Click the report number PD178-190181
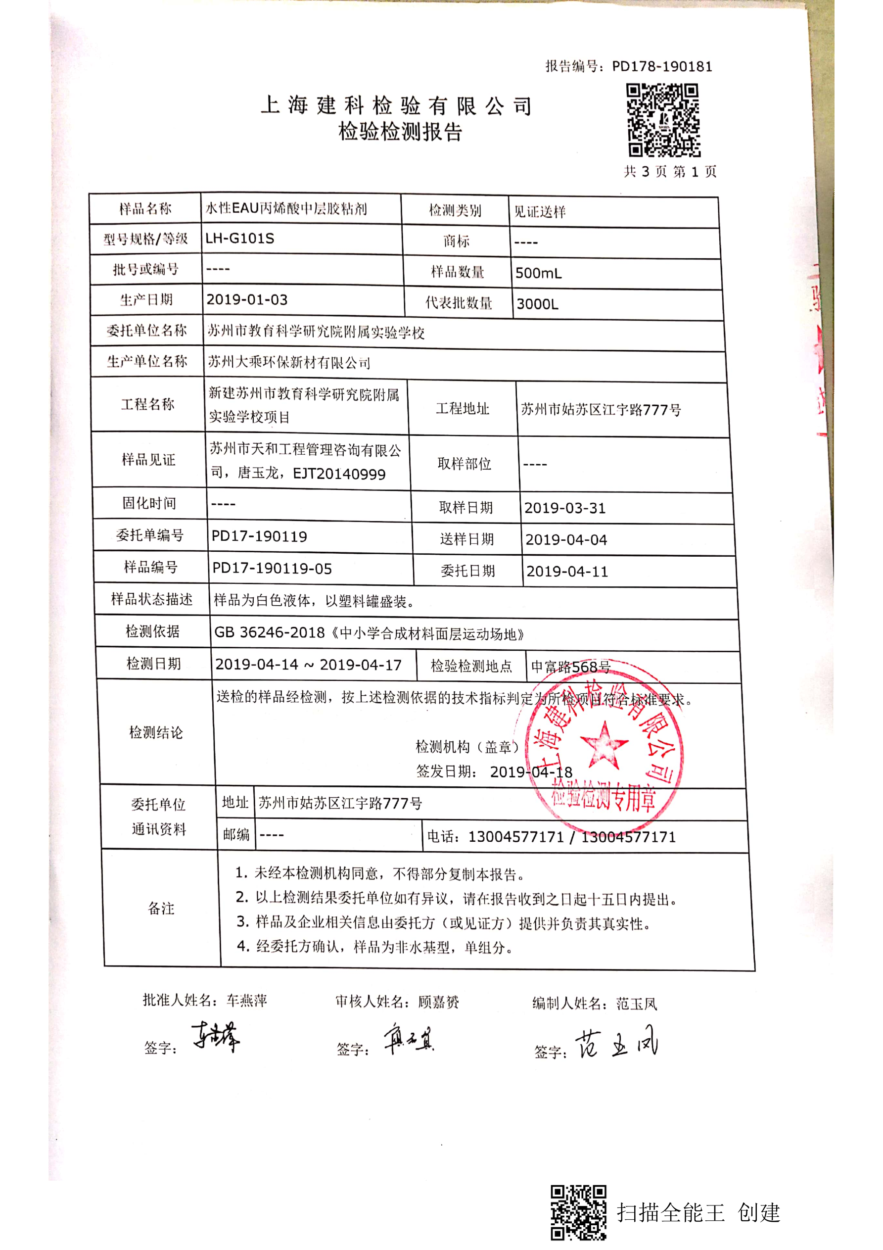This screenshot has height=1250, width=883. click(x=661, y=67)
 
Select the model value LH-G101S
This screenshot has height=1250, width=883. click(x=239, y=239)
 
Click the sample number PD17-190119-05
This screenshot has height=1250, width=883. click(x=272, y=569)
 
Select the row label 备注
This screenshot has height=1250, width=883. click(x=161, y=908)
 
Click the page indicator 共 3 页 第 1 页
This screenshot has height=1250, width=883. click(x=670, y=172)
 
